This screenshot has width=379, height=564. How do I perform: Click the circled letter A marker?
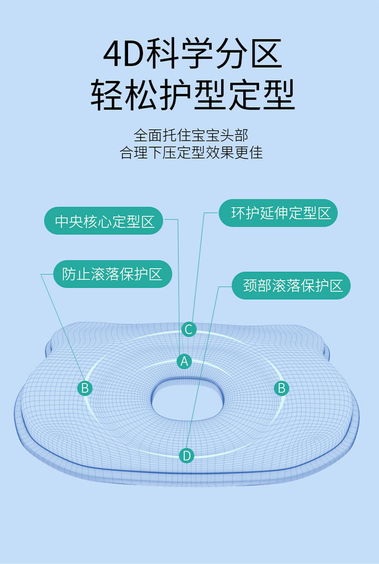point(184,361)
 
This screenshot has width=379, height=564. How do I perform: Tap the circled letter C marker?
point(189,329)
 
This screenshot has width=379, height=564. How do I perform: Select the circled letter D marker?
point(187,455)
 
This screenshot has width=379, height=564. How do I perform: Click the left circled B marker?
point(85,388)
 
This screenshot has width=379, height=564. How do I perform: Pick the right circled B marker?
point(282,388)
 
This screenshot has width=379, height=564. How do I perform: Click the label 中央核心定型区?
point(105,221)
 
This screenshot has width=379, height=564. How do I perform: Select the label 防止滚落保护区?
point(112,274)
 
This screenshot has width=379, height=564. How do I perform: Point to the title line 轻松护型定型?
point(192,95)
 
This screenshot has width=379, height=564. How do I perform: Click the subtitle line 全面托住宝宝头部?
point(191,135)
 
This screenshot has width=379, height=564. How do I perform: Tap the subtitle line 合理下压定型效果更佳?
point(191,153)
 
